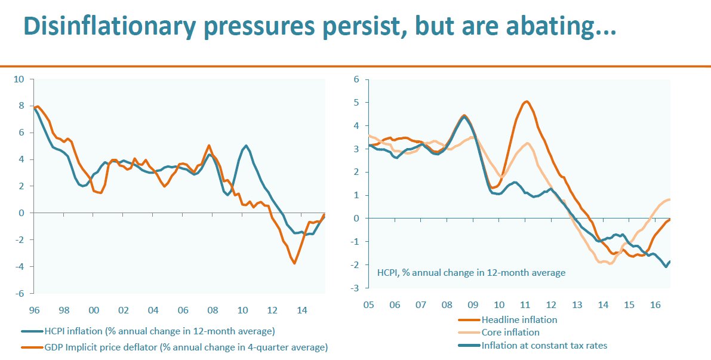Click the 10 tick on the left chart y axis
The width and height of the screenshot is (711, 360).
pos(19,79)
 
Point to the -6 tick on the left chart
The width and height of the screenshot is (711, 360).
pos(19,294)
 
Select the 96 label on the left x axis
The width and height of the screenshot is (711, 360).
pos(34,310)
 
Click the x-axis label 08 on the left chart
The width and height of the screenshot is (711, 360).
pos(213,310)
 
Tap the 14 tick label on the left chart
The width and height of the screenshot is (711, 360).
pos(302,310)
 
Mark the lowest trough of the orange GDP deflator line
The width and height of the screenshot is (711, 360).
pos(294,263)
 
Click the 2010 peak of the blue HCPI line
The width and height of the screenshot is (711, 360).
pos(245,145)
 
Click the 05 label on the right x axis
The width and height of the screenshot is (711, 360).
pos(368,304)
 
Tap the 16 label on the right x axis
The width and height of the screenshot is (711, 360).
pos(655,304)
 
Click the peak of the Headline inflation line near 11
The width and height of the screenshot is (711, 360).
pos(526,101)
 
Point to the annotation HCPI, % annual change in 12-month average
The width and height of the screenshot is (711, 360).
pos(471,273)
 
